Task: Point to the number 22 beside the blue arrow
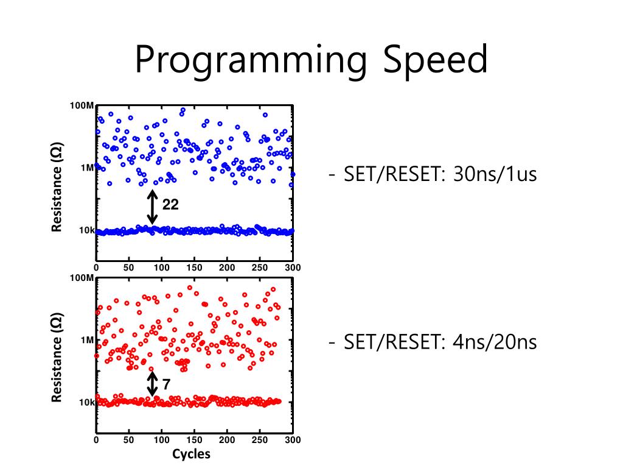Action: tap(170, 205)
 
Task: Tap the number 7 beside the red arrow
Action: tap(166, 384)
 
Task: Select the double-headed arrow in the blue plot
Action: tap(152, 207)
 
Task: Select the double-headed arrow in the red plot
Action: tap(152, 384)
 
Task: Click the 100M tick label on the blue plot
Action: tap(82, 106)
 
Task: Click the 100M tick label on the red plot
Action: tap(82, 278)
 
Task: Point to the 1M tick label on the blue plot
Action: tap(87, 168)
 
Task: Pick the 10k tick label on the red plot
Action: tap(87, 402)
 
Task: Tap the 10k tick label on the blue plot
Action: tap(87, 230)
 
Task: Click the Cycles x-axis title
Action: tap(191, 454)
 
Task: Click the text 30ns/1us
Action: tap(495, 175)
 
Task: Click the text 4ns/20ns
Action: tap(495, 342)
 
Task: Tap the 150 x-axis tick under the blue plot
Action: tap(194, 268)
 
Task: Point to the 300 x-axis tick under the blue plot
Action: tap(293, 268)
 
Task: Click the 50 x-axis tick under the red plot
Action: tap(128, 440)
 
